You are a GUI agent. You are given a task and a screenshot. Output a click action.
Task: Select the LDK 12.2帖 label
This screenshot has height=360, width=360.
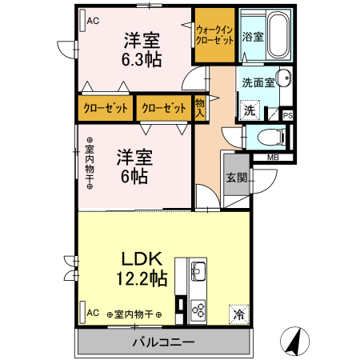pyautogui.click(x=143, y=270)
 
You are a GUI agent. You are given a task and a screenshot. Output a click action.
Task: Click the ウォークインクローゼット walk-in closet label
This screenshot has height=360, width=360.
pyautogui.click(x=214, y=34)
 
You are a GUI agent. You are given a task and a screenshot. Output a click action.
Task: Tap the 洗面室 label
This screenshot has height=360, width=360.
pyautogui.click(x=258, y=82)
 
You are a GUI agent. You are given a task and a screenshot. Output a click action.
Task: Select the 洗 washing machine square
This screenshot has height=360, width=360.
pyautogui.click(x=250, y=110)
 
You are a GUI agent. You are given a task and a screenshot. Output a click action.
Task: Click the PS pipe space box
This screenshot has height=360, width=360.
pyautogui.click(x=288, y=115)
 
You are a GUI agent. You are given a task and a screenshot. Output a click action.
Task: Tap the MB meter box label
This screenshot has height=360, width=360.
pyautogui.click(x=273, y=158)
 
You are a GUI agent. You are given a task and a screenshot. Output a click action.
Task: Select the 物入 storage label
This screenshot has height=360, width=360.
pyautogui.click(x=200, y=107)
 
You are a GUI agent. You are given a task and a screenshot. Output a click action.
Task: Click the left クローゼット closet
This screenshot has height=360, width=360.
pyautogui.click(x=106, y=108)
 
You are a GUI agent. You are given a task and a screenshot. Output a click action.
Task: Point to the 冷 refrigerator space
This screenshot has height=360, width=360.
pyautogui.click(x=238, y=314)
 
